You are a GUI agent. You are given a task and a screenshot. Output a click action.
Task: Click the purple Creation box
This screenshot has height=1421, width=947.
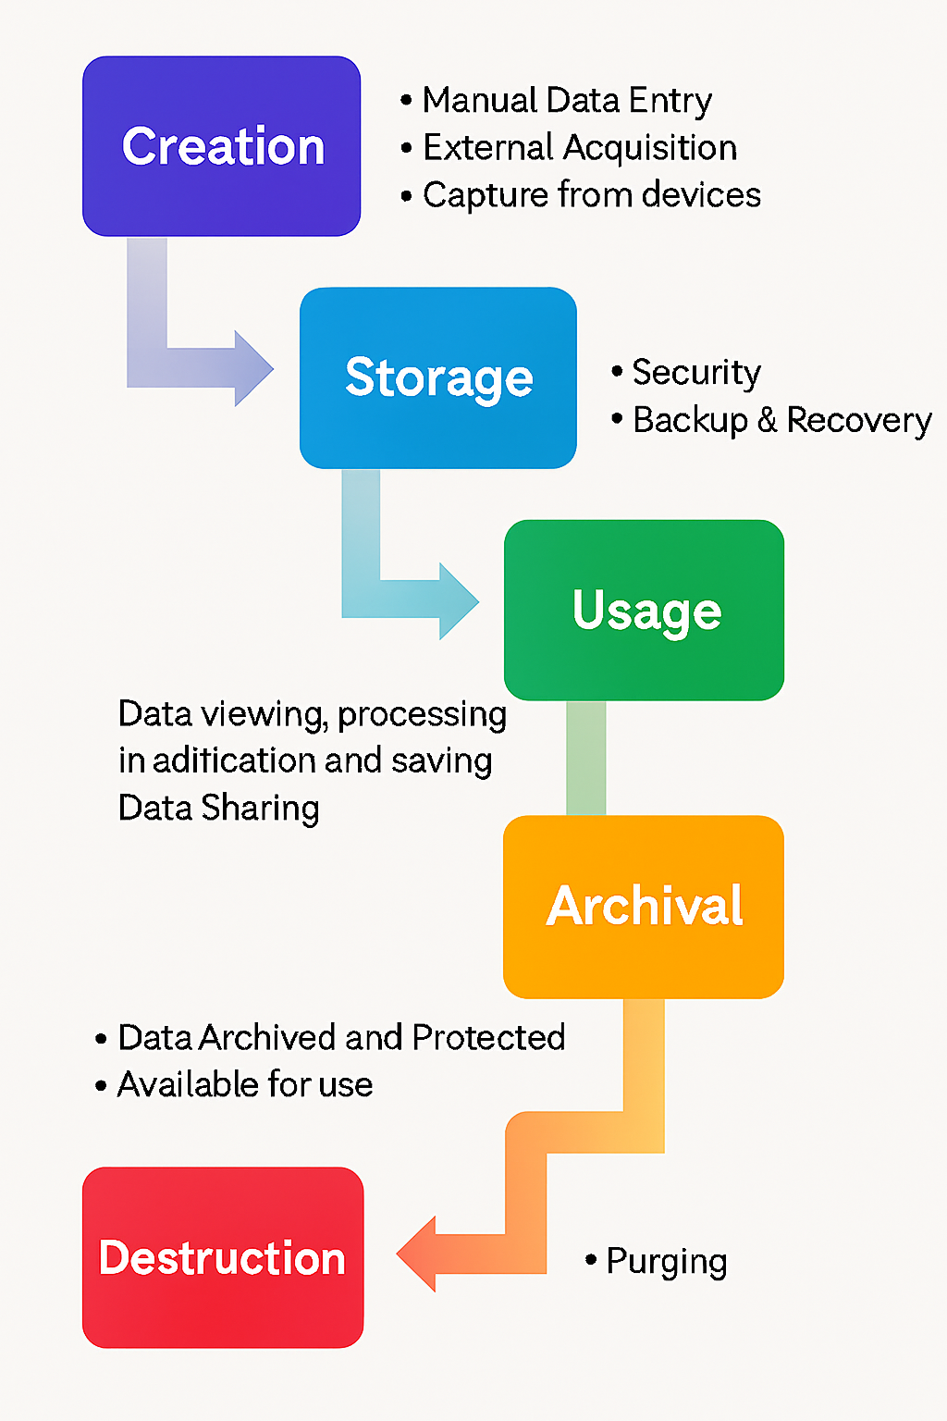221,146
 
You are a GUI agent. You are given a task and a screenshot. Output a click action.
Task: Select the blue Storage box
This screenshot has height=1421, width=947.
438,377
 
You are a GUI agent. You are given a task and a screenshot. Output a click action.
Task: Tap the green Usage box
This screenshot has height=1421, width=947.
645,610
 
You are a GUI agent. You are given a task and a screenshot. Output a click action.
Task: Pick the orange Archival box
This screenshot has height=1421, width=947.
644,906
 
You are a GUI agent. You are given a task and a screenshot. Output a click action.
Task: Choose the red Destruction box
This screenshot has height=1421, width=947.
223,1257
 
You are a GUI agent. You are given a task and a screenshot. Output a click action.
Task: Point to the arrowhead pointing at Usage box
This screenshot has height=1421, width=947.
459,601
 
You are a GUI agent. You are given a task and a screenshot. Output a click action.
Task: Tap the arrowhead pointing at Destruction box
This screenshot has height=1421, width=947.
418,1254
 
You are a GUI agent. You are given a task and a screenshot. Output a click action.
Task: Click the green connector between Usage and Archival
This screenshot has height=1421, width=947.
586,758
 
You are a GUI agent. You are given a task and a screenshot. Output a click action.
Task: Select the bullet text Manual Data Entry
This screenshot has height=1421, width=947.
567,100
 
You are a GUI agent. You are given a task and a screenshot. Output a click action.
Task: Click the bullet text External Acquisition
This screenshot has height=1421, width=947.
580,148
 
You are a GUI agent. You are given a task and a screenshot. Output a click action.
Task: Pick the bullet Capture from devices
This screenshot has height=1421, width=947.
592,195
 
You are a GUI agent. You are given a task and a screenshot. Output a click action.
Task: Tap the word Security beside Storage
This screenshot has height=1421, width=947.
696,372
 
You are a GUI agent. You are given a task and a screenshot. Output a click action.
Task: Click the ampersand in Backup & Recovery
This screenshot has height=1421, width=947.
767,420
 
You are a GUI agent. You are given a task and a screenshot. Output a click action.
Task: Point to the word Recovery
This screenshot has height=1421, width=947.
859,420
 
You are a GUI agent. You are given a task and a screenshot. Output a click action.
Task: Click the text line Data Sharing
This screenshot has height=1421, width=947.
219,808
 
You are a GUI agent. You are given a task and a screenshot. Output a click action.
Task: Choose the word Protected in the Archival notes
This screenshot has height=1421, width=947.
488,1038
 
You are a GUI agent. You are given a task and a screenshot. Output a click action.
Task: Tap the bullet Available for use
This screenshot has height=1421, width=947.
245,1084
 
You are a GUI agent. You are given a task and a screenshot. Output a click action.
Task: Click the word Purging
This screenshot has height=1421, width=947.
667,1262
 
